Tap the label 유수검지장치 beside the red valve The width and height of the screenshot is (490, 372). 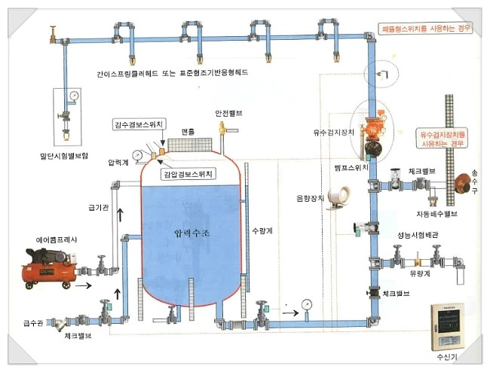(x=334, y=132)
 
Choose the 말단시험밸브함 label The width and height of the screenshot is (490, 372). (x=63, y=157)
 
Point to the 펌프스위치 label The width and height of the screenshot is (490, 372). (x=351, y=166)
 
